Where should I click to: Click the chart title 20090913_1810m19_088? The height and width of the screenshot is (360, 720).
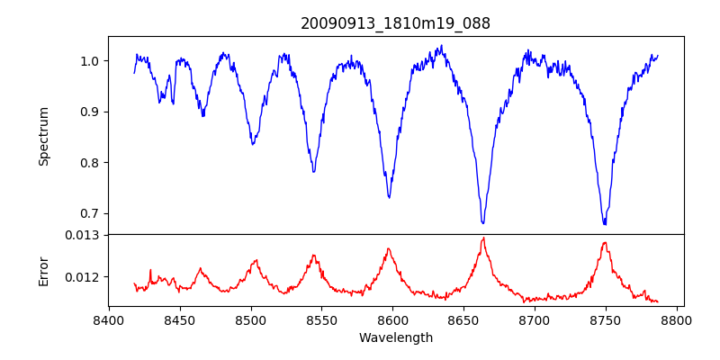395,23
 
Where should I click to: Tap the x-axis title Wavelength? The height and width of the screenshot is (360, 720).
395,338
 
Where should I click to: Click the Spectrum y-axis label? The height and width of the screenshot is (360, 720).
43,136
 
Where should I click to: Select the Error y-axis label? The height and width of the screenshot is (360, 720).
43,270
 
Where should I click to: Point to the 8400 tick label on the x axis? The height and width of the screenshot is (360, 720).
109,320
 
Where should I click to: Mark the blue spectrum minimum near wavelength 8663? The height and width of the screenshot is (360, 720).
483,222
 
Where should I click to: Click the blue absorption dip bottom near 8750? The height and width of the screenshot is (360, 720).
605,223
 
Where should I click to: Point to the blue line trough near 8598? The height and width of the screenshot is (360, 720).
389,197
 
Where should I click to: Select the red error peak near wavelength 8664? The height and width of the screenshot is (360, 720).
483,238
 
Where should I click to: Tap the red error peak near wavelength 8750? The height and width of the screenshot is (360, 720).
605,242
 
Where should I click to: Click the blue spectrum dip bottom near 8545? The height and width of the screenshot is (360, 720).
313,171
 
